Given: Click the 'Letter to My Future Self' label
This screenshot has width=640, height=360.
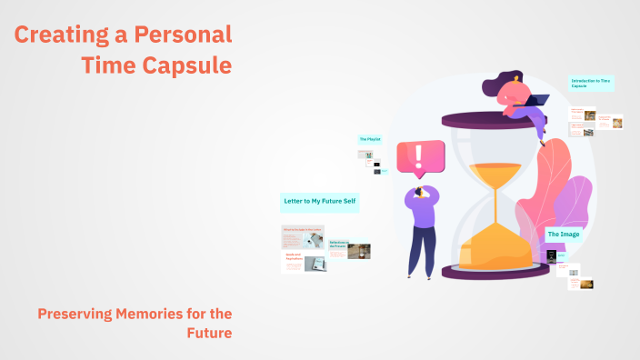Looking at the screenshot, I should pos(319,201).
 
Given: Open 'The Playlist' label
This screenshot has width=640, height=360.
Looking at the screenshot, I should pos(370,139).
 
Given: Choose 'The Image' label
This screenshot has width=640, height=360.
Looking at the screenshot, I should pos(563,235).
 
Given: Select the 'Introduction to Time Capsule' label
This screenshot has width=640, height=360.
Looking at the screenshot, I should pos(591,84).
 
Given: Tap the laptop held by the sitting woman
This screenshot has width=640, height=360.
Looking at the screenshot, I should pos(536,102).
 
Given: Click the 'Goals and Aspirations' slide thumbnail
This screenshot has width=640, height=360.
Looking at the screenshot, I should pos(304,263).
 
